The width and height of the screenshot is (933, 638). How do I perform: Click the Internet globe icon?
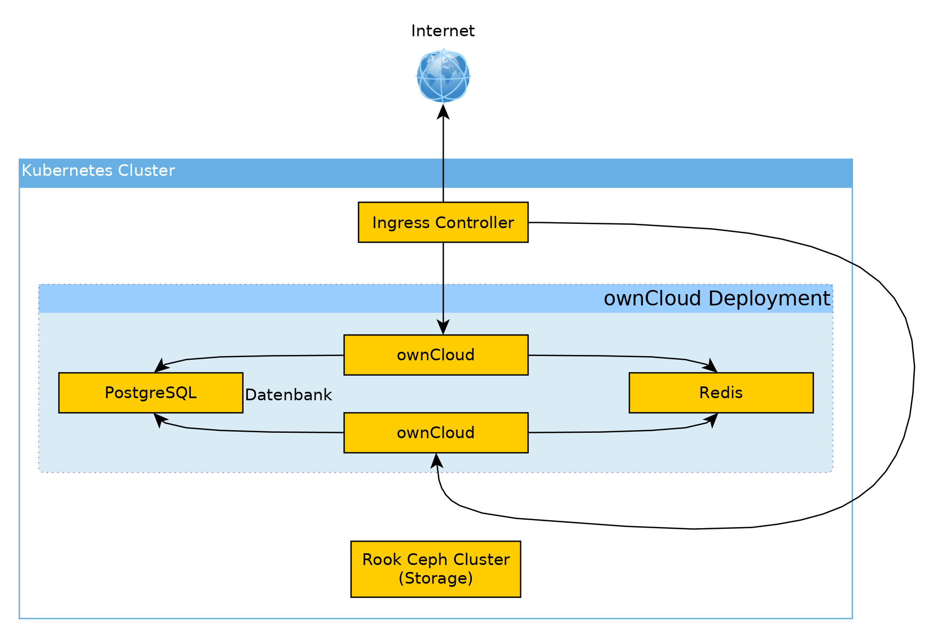point(443,76)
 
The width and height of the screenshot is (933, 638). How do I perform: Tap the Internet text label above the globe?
point(443,31)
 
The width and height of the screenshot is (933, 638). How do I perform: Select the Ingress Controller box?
point(443,222)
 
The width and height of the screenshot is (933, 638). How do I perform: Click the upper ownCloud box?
point(436,355)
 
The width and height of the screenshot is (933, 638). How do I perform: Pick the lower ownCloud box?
point(436,433)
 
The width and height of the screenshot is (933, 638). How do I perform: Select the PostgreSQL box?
point(150,393)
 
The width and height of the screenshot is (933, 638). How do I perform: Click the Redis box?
point(721,393)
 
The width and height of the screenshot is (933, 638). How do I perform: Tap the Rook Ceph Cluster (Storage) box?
point(436,569)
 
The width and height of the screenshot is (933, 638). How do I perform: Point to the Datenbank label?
point(288,395)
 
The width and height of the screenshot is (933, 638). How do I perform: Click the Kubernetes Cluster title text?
point(98,171)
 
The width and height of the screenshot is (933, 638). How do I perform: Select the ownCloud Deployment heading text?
point(717,298)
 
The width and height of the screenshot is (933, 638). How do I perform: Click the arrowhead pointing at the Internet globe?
point(443,111)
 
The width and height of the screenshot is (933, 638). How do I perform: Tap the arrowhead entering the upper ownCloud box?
point(443,327)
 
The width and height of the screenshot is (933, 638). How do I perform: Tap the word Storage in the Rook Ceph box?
point(436,578)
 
